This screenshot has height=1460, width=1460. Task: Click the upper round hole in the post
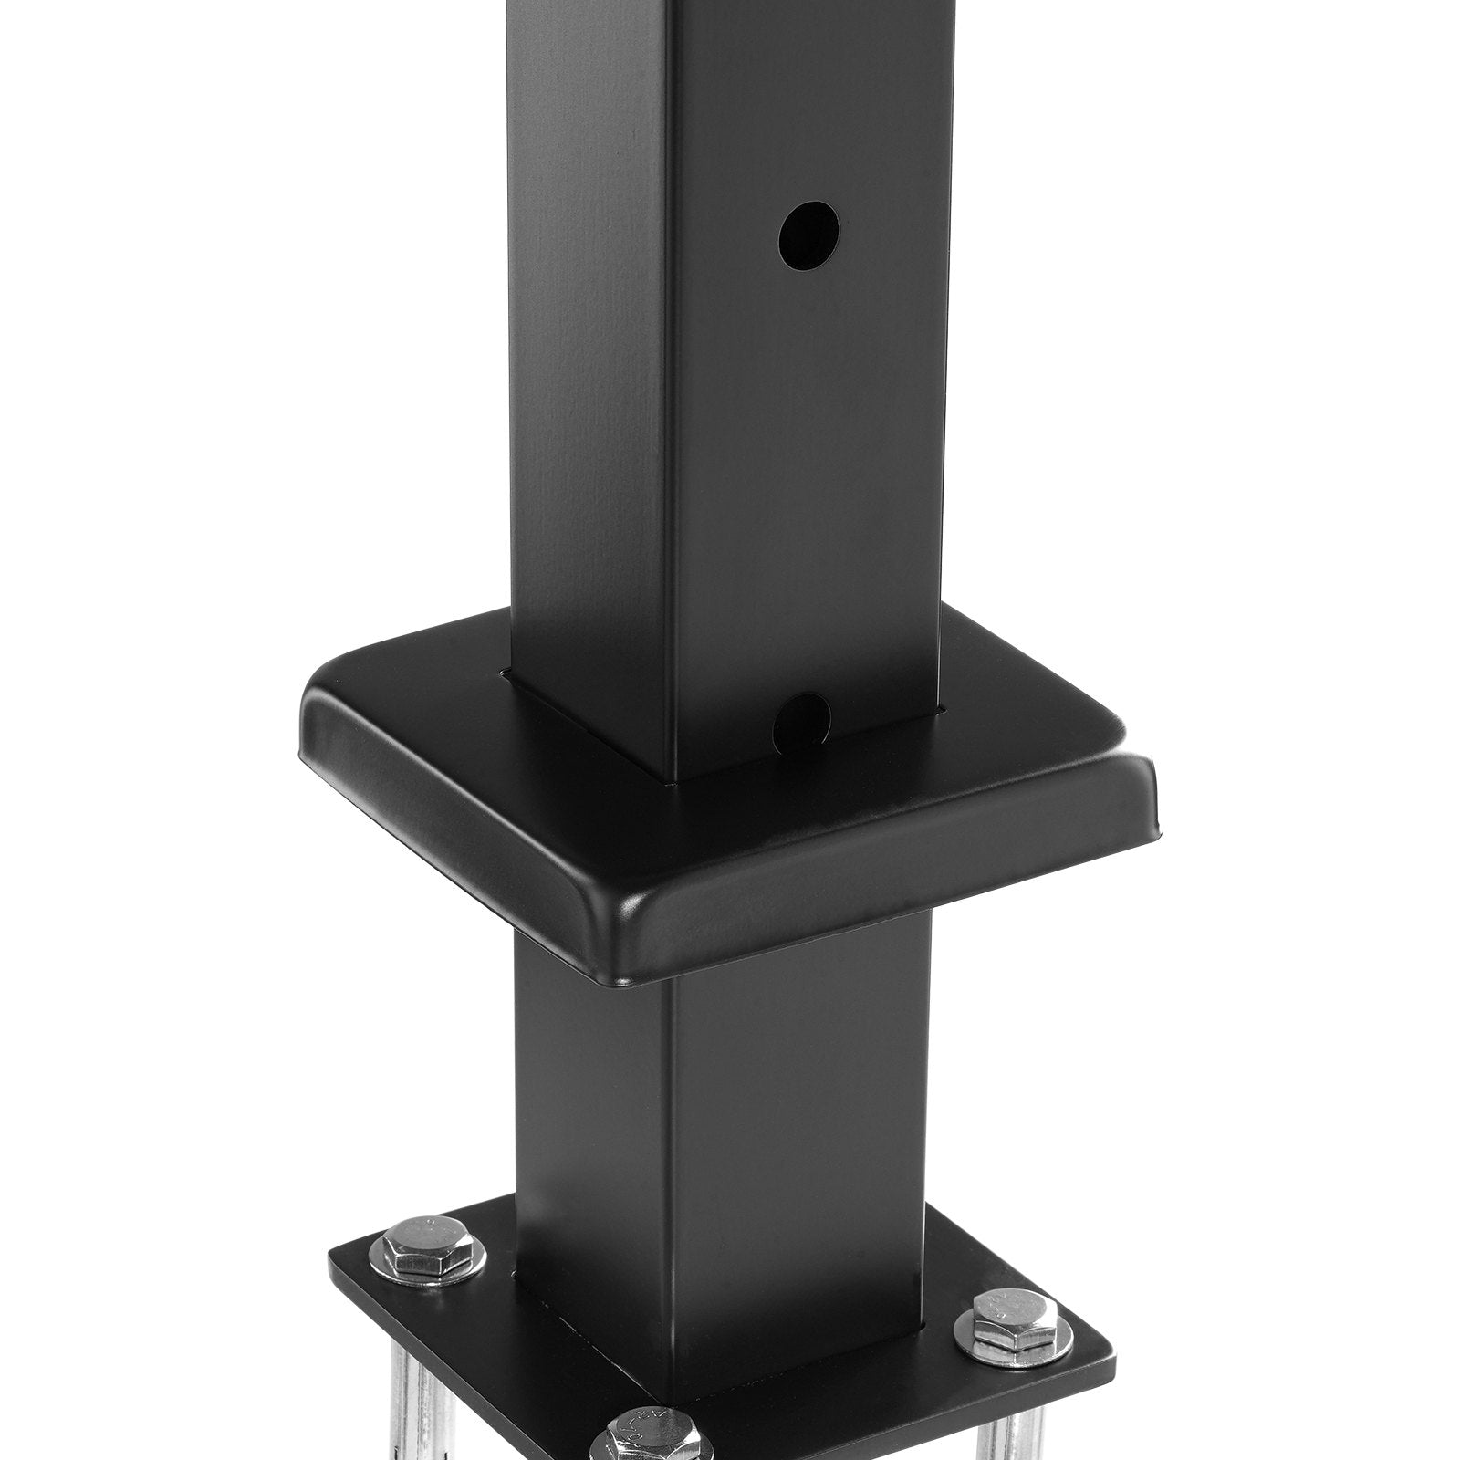point(808,235)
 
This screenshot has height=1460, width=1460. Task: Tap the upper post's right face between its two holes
point(803,474)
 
